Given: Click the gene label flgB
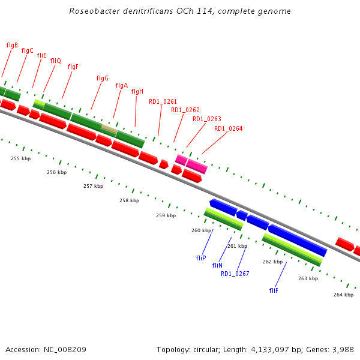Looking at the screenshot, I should pyautogui.click(x=12, y=45).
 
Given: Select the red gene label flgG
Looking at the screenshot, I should pyautogui.click(x=102, y=78).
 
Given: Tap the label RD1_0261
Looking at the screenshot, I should pyautogui.click(x=163, y=101).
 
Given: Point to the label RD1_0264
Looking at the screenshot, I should pyautogui.click(x=228, y=128).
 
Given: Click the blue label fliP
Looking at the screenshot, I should pyautogui.click(x=201, y=258).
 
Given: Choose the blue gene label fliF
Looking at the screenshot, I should pyautogui.click(x=274, y=290).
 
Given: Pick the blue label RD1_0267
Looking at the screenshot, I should pyautogui.click(x=235, y=274).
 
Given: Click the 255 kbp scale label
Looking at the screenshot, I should pyautogui.click(x=20, y=158).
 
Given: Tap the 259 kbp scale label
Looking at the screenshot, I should pyautogui.click(x=166, y=215).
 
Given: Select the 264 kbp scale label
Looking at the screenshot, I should pyautogui.click(x=343, y=295).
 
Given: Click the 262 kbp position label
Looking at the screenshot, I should pyautogui.click(x=272, y=262).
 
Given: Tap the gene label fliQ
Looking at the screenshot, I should pyautogui.click(x=55, y=61).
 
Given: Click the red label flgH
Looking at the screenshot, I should pyautogui.click(x=137, y=91).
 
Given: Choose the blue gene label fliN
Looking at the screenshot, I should pyautogui.click(x=217, y=265).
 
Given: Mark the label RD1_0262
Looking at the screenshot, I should pyautogui.click(x=185, y=110).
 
